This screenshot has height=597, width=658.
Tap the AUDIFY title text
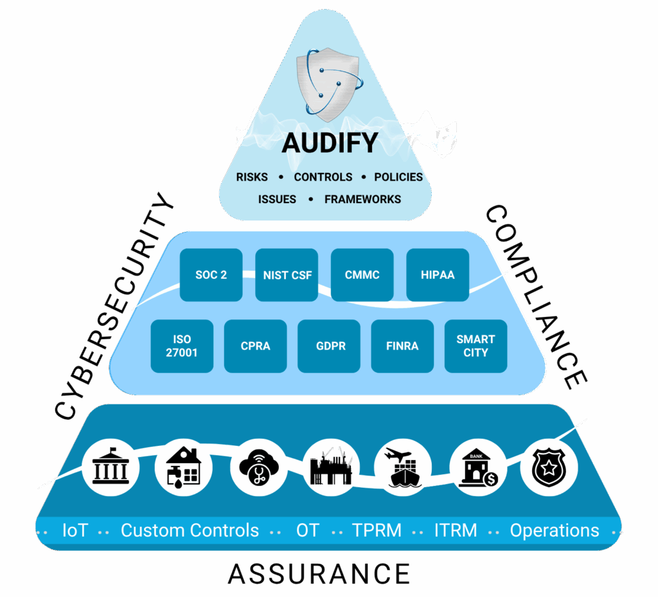330,143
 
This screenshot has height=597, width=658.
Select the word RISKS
252,177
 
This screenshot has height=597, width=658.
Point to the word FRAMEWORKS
362,199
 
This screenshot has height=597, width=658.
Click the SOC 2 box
211,275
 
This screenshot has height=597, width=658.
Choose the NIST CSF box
287,275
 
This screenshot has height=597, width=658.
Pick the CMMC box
362,275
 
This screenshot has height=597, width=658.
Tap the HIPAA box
438,275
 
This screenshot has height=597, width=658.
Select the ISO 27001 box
182,346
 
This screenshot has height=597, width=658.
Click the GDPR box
331,346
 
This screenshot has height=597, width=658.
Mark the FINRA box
403,346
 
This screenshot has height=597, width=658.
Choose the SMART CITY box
476,346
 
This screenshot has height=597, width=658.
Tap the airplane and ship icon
402,468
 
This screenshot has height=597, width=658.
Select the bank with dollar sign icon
476,468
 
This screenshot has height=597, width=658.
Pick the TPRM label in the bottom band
377,531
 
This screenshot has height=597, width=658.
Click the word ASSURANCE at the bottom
319,573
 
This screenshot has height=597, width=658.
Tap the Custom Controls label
190,531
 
